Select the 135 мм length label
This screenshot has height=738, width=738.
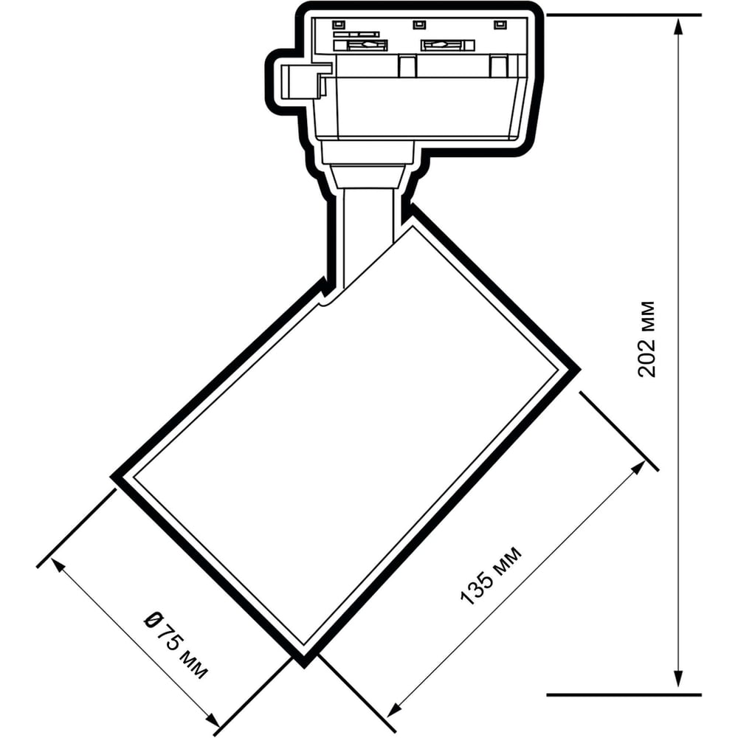[x=491, y=575]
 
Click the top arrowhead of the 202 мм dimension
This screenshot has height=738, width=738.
[x=677, y=28]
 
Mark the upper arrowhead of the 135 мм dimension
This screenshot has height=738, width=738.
[x=639, y=469]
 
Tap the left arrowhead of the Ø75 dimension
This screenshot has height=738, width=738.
[x=57, y=565]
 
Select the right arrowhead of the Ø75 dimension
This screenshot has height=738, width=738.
[x=213, y=720]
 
